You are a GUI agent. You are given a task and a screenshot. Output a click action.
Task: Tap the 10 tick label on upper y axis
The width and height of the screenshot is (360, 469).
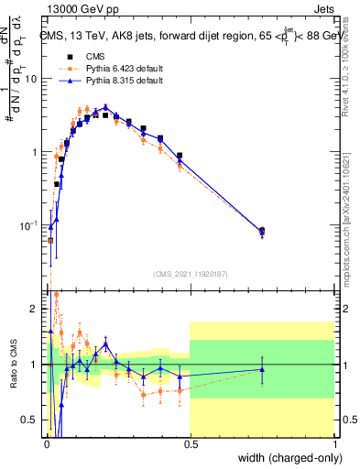[x=31, y=78]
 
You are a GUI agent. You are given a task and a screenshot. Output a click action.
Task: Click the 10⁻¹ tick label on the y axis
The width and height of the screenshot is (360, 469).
[x=29, y=225]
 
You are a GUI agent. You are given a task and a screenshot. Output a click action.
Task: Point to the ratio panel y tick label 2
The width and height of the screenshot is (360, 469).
[x=35, y=309]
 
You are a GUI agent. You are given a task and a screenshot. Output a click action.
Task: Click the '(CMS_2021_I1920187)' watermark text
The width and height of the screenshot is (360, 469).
[x=190, y=274]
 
